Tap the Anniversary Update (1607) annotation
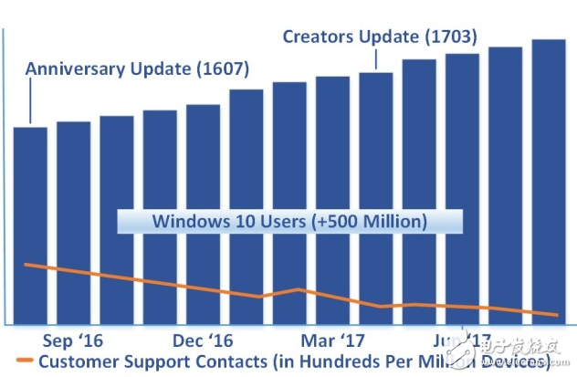[x=137, y=68]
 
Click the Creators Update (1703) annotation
[x=379, y=37]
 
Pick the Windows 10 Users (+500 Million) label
[x=288, y=221]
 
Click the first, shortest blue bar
[x=30, y=224]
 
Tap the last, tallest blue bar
[x=550, y=183]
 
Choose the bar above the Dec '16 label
[x=203, y=215]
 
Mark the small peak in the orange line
[x=299, y=289]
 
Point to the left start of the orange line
[x=25, y=264]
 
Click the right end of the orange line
[x=557, y=315]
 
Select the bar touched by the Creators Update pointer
[x=376, y=196]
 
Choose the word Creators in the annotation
[x=315, y=37]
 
